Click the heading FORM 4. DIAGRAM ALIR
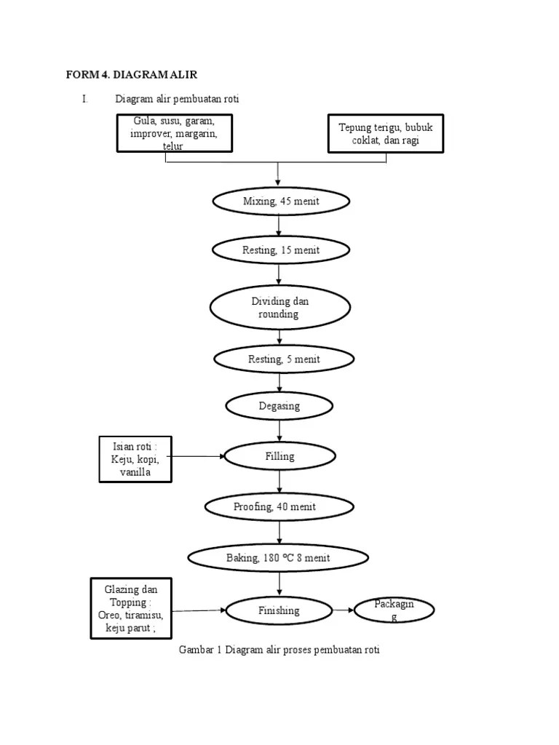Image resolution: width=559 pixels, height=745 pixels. click(132, 74)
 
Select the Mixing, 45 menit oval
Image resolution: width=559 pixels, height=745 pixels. click(280, 202)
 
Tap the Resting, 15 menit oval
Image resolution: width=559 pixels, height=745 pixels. click(280, 250)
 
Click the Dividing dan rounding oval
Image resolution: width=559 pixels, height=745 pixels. click(280, 308)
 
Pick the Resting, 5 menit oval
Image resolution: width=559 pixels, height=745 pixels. click(283, 359)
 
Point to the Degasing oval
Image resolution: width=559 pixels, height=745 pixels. click(279, 406)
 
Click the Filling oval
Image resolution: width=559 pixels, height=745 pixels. click(279, 456)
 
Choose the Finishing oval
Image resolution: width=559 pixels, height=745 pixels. click(279, 610)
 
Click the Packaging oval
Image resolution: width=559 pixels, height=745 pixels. click(394, 610)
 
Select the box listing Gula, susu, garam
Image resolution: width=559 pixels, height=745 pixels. click(175, 132)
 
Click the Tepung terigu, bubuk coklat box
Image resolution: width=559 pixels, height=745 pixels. click(385, 133)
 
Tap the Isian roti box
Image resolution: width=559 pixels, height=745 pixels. click(135, 459)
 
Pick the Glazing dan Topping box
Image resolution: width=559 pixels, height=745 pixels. click(131, 608)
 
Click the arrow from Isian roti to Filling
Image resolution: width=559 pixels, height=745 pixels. click(198, 456)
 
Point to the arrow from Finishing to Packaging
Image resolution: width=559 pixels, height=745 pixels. click(343, 610)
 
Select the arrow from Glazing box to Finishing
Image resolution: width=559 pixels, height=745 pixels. click(199, 610)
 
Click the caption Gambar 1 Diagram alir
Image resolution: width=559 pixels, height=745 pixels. click(279, 650)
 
